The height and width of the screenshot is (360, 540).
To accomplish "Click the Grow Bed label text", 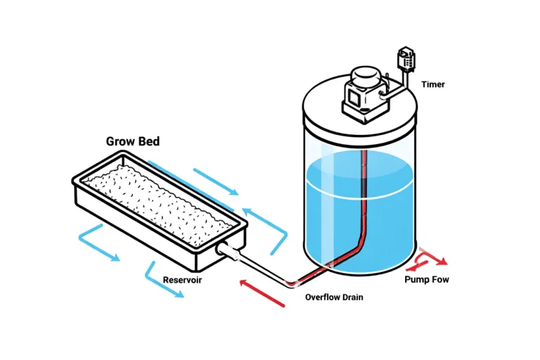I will pyautogui.click(x=132, y=141).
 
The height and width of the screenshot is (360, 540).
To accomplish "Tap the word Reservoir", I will pyautogui.click(x=183, y=280).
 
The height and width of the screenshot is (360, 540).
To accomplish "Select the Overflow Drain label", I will pyautogui.click(x=334, y=297).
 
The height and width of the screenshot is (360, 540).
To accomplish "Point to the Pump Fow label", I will pyautogui.click(x=426, y=280).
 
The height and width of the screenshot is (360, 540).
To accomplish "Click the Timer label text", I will pyautogui.click(x=432, y=85).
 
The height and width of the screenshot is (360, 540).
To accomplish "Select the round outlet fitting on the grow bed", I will pyautogui.click(x=225, y=249).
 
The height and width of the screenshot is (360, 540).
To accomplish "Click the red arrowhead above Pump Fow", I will pyautogui.click(x=441, y=262).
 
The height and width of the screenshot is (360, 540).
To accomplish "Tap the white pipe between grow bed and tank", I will pyautogui.click(x=260, y=266).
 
